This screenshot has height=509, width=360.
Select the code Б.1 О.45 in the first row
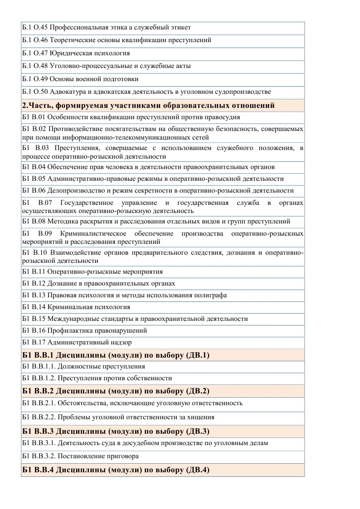coord(34,27)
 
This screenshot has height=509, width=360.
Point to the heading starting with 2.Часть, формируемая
coord(148,106)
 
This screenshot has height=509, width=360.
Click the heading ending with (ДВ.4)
coord(116,470)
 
